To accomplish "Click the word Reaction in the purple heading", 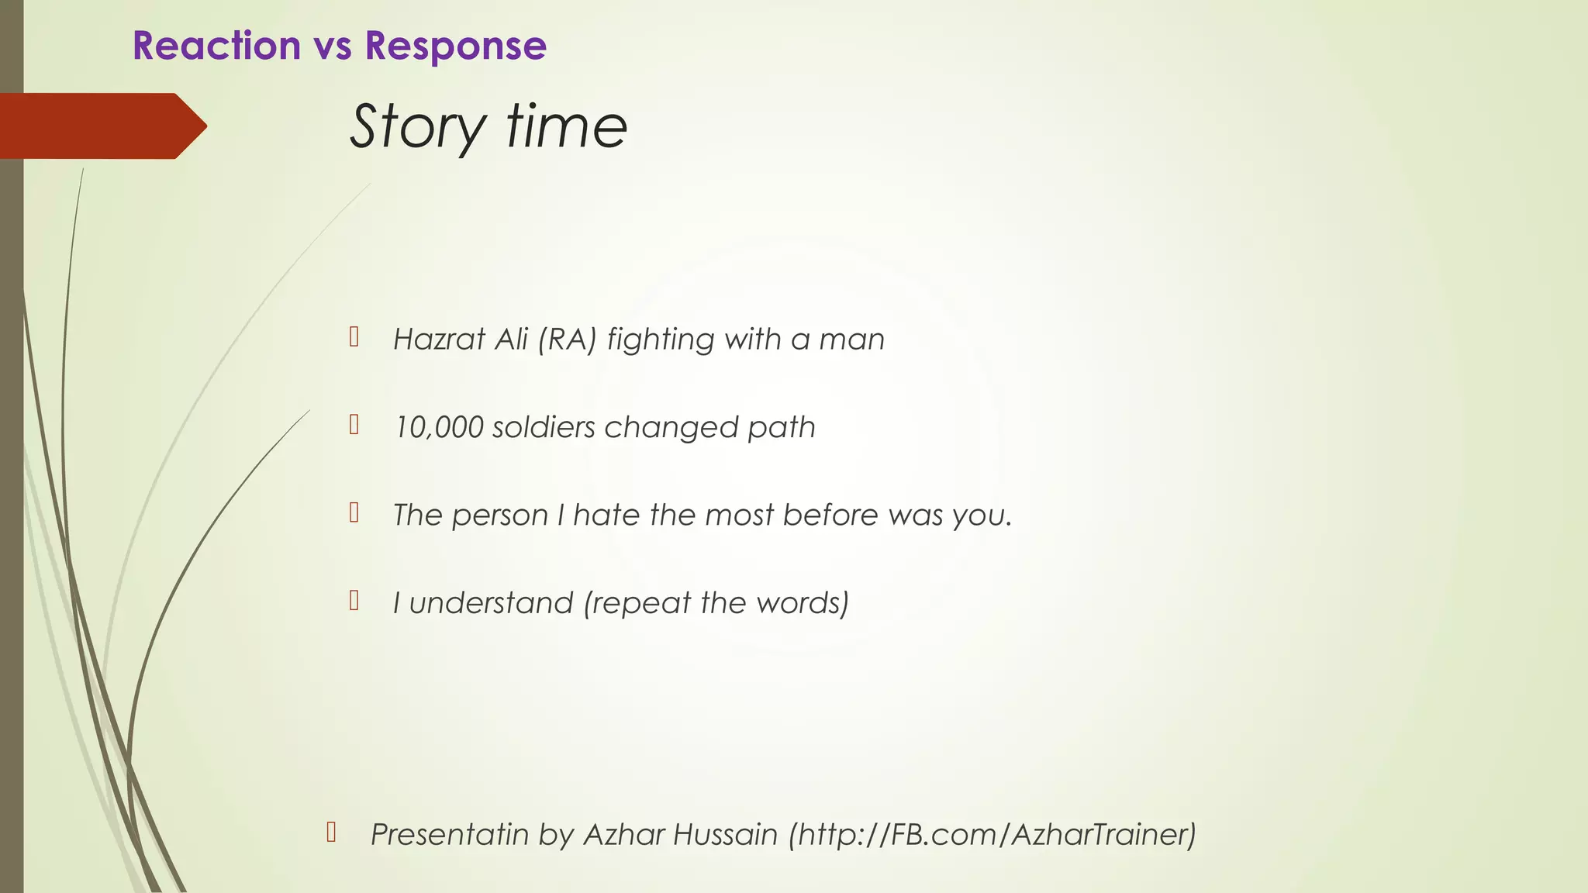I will [x=216, y=46].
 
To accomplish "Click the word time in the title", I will [x=567, y=127].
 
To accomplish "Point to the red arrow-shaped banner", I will [x=101, y=126].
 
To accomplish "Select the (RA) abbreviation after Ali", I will [x=567, y=340].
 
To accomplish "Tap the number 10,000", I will [x=438, y=427].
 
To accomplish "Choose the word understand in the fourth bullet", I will [x=491, y=603].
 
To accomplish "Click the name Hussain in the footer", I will [x=725, y=835].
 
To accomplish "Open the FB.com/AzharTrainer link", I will [x=992, y=835].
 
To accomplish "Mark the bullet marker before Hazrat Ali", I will [x=354, y=336].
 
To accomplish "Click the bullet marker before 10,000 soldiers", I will [x=354, y=425].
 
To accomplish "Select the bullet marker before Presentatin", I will [x=331, y=832].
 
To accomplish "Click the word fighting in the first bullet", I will [x=661, y=340].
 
